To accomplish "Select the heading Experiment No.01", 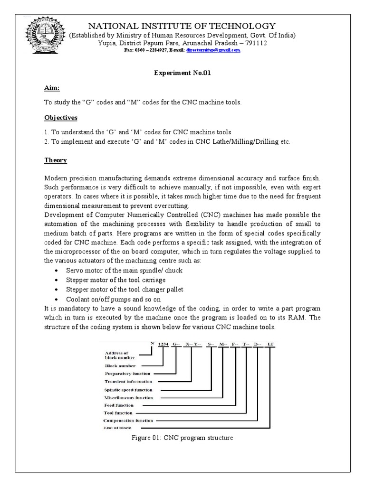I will click(x=182, y=74).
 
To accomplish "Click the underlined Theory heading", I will click(x=56, y=160).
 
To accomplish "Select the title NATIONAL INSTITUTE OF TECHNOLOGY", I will click(x=182, y=26).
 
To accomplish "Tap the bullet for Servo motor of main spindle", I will click(x=57, y=271).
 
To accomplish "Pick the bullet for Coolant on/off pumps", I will click(x=57, y=299).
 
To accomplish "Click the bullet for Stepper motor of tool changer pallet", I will click(x=57, y=290).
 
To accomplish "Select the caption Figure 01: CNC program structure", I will click(x=182, y=438).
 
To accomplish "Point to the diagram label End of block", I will click(x=118, y=428).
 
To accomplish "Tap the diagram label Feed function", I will click(x=119, y=405).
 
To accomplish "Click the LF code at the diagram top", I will click(x=270, y=343).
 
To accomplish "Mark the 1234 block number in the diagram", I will click(x=163, y=343).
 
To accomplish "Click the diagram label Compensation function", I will click(x=128, y=421).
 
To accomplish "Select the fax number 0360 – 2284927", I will click(x=144, y=50).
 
